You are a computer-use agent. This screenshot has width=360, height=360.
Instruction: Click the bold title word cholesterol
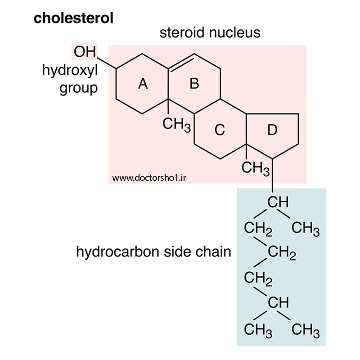[73, 18]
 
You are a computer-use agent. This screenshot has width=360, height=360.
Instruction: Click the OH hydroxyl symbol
[85, 51]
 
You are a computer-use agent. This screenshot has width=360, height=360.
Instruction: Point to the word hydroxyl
[70, 71]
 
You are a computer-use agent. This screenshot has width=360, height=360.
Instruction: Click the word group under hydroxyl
[78, 88]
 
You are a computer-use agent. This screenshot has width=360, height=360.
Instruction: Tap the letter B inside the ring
[194, 83]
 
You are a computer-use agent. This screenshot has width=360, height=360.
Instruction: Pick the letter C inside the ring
[220, 130]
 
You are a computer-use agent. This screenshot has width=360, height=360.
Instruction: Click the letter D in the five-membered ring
[272, 130]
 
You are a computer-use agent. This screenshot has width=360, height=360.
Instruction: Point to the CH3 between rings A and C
[176, 125]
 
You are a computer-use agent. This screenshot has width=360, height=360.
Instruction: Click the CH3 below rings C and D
[255, 168]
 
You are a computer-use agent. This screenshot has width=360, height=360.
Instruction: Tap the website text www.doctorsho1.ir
[149, 178]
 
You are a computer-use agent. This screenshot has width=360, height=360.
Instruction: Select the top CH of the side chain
[278, 202]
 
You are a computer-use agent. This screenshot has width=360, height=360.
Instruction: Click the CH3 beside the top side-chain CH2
[306, 229]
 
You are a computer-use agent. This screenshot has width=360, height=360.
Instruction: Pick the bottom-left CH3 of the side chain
[258, 330]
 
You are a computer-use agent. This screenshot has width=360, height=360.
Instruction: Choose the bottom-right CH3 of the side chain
[306, 330]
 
